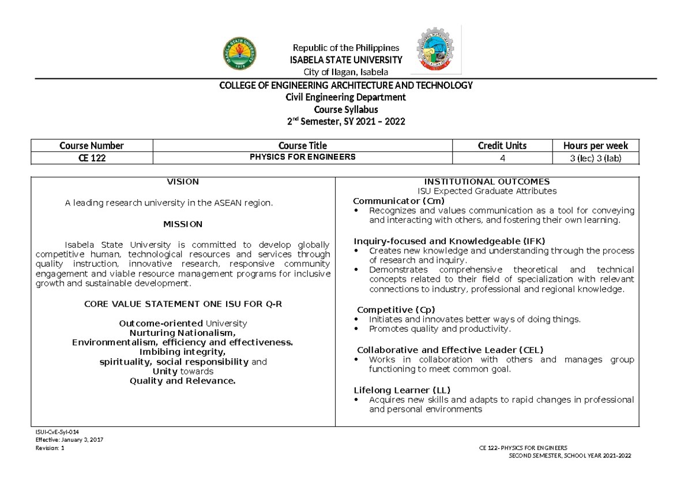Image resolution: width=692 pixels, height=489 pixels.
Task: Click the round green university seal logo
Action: coord(240,56)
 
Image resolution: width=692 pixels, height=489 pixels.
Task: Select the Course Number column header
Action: coord(92,146)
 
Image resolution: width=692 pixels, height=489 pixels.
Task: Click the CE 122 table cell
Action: coord(92,157)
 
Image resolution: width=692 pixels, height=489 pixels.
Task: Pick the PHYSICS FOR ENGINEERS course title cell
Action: coord(302,157)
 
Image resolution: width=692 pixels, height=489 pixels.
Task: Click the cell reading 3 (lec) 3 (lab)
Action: coord(595,157)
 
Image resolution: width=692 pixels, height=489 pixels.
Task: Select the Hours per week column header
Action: coord(595,146)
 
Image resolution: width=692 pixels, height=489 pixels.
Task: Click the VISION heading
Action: coord(183,181)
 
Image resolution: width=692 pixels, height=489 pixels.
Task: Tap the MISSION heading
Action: coord(183,223)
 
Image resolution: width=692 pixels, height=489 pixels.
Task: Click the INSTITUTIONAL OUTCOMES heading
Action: coord(487,181)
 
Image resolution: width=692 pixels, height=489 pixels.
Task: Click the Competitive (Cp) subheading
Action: coord(396,309)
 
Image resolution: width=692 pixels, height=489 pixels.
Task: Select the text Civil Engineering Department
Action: coord(345,97)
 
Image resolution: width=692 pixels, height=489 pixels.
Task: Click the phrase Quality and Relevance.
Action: coord(183,381)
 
